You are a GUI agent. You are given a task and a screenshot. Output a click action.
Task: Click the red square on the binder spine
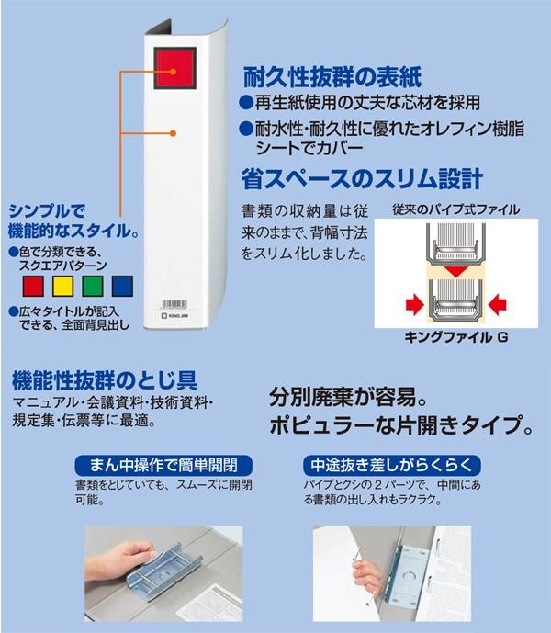click(174, 68)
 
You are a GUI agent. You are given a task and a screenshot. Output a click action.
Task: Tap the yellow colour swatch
click(63, 287)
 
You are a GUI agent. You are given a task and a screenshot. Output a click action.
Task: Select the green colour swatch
click(93, 287)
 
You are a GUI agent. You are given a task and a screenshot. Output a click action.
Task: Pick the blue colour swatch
click(122, 287)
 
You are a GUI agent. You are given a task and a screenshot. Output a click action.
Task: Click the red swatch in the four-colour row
click(33, 287)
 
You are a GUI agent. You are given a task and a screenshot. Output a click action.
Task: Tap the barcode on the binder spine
click(174, 304)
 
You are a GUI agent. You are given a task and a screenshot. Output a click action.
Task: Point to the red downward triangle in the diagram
click(456, 271)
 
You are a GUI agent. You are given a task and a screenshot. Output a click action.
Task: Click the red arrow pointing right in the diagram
click(415, 304)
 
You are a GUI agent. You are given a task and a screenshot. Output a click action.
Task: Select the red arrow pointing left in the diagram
click(497, 304)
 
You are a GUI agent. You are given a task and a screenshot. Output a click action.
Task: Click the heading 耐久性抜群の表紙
click(332, 76)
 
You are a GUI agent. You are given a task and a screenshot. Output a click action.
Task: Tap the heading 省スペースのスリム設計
click(362, 179)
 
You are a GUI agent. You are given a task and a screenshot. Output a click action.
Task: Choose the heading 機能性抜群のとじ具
click(105, 380)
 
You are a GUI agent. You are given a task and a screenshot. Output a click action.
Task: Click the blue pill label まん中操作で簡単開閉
click(163, 466)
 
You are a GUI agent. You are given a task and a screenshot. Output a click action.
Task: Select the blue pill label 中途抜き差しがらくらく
click(392, 466)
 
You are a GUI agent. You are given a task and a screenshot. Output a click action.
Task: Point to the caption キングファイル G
click(456, 337)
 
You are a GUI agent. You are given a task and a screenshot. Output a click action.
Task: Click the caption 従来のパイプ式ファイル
click(456, 209)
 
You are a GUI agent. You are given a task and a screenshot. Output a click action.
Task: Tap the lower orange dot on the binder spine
click(173, 133)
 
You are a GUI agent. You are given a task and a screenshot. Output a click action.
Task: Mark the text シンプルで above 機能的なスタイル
click(47, 210)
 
